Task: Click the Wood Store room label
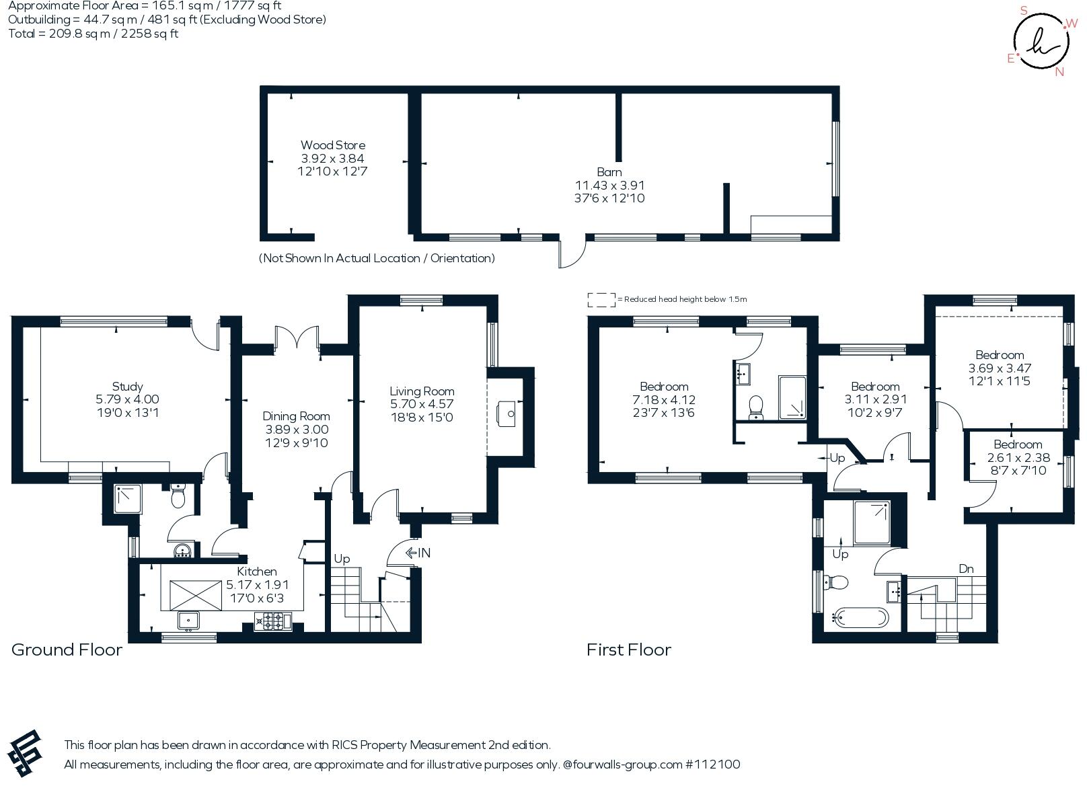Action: [333, 145]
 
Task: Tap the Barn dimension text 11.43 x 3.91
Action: [609, 186]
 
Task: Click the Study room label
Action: [128, 387]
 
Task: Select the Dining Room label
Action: [296, 416]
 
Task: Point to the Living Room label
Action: [422, 391]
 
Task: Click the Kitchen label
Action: [257, 572]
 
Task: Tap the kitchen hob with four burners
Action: [273, 621]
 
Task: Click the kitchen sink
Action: [188, 621]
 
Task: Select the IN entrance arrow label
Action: [418, 553]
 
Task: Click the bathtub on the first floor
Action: [860, 618]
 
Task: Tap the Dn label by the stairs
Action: [966, 569]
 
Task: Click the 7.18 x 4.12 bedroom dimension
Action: [664, 400]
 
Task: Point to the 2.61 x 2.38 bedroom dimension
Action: [1018, 457]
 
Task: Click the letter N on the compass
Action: [1059, 72]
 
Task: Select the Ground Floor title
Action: [67, 650]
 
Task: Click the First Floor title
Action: [629, 650]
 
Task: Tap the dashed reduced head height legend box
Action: [602, 300]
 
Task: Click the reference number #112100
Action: [712, 764]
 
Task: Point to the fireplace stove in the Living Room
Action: [506, 414]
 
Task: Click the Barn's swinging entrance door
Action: [572, 251]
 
